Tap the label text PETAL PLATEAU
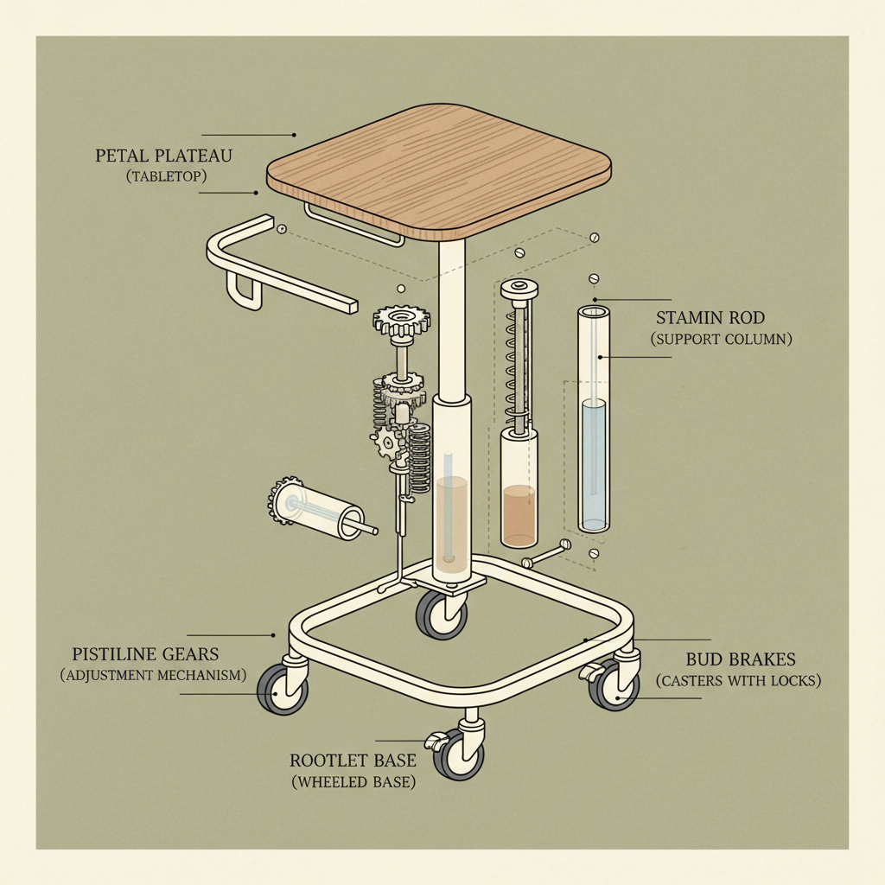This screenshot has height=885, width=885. pos(164,157)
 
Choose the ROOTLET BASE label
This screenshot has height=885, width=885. pos(353,761)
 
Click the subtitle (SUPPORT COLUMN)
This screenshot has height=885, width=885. pos(721,340)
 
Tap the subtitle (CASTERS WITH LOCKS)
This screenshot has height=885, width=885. pos(738,681)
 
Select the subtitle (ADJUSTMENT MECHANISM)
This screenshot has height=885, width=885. pos(154,675)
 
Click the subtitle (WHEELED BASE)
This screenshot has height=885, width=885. pos(353,783)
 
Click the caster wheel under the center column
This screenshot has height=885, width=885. pos(442,614)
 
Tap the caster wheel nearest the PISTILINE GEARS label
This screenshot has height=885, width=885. pos(282,690)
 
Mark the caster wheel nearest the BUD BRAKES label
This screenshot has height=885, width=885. pos(614,685)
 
